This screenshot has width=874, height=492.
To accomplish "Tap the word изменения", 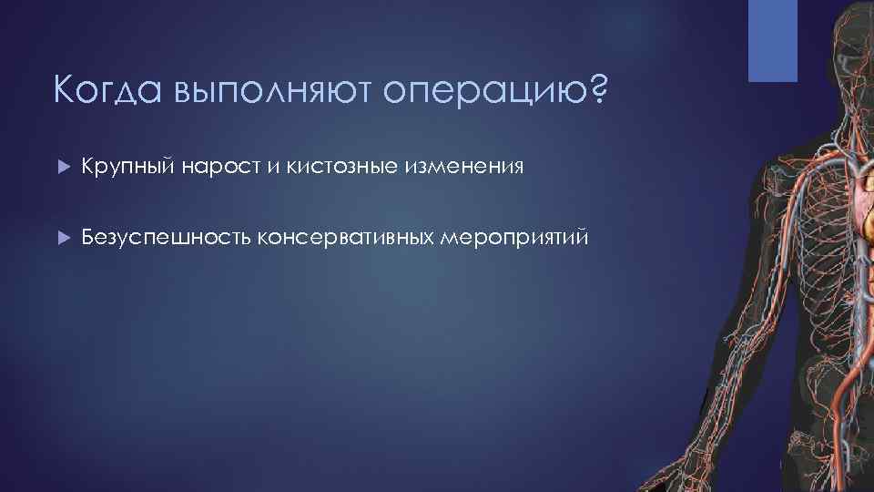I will point(469,168).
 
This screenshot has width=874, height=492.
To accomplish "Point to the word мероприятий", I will point(513,239).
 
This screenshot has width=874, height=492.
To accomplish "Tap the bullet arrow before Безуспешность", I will point(62,238).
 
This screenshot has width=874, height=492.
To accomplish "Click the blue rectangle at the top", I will point(772,40).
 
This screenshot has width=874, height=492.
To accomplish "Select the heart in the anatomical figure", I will point(861,196).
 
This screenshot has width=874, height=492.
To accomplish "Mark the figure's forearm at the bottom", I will point(674,456).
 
